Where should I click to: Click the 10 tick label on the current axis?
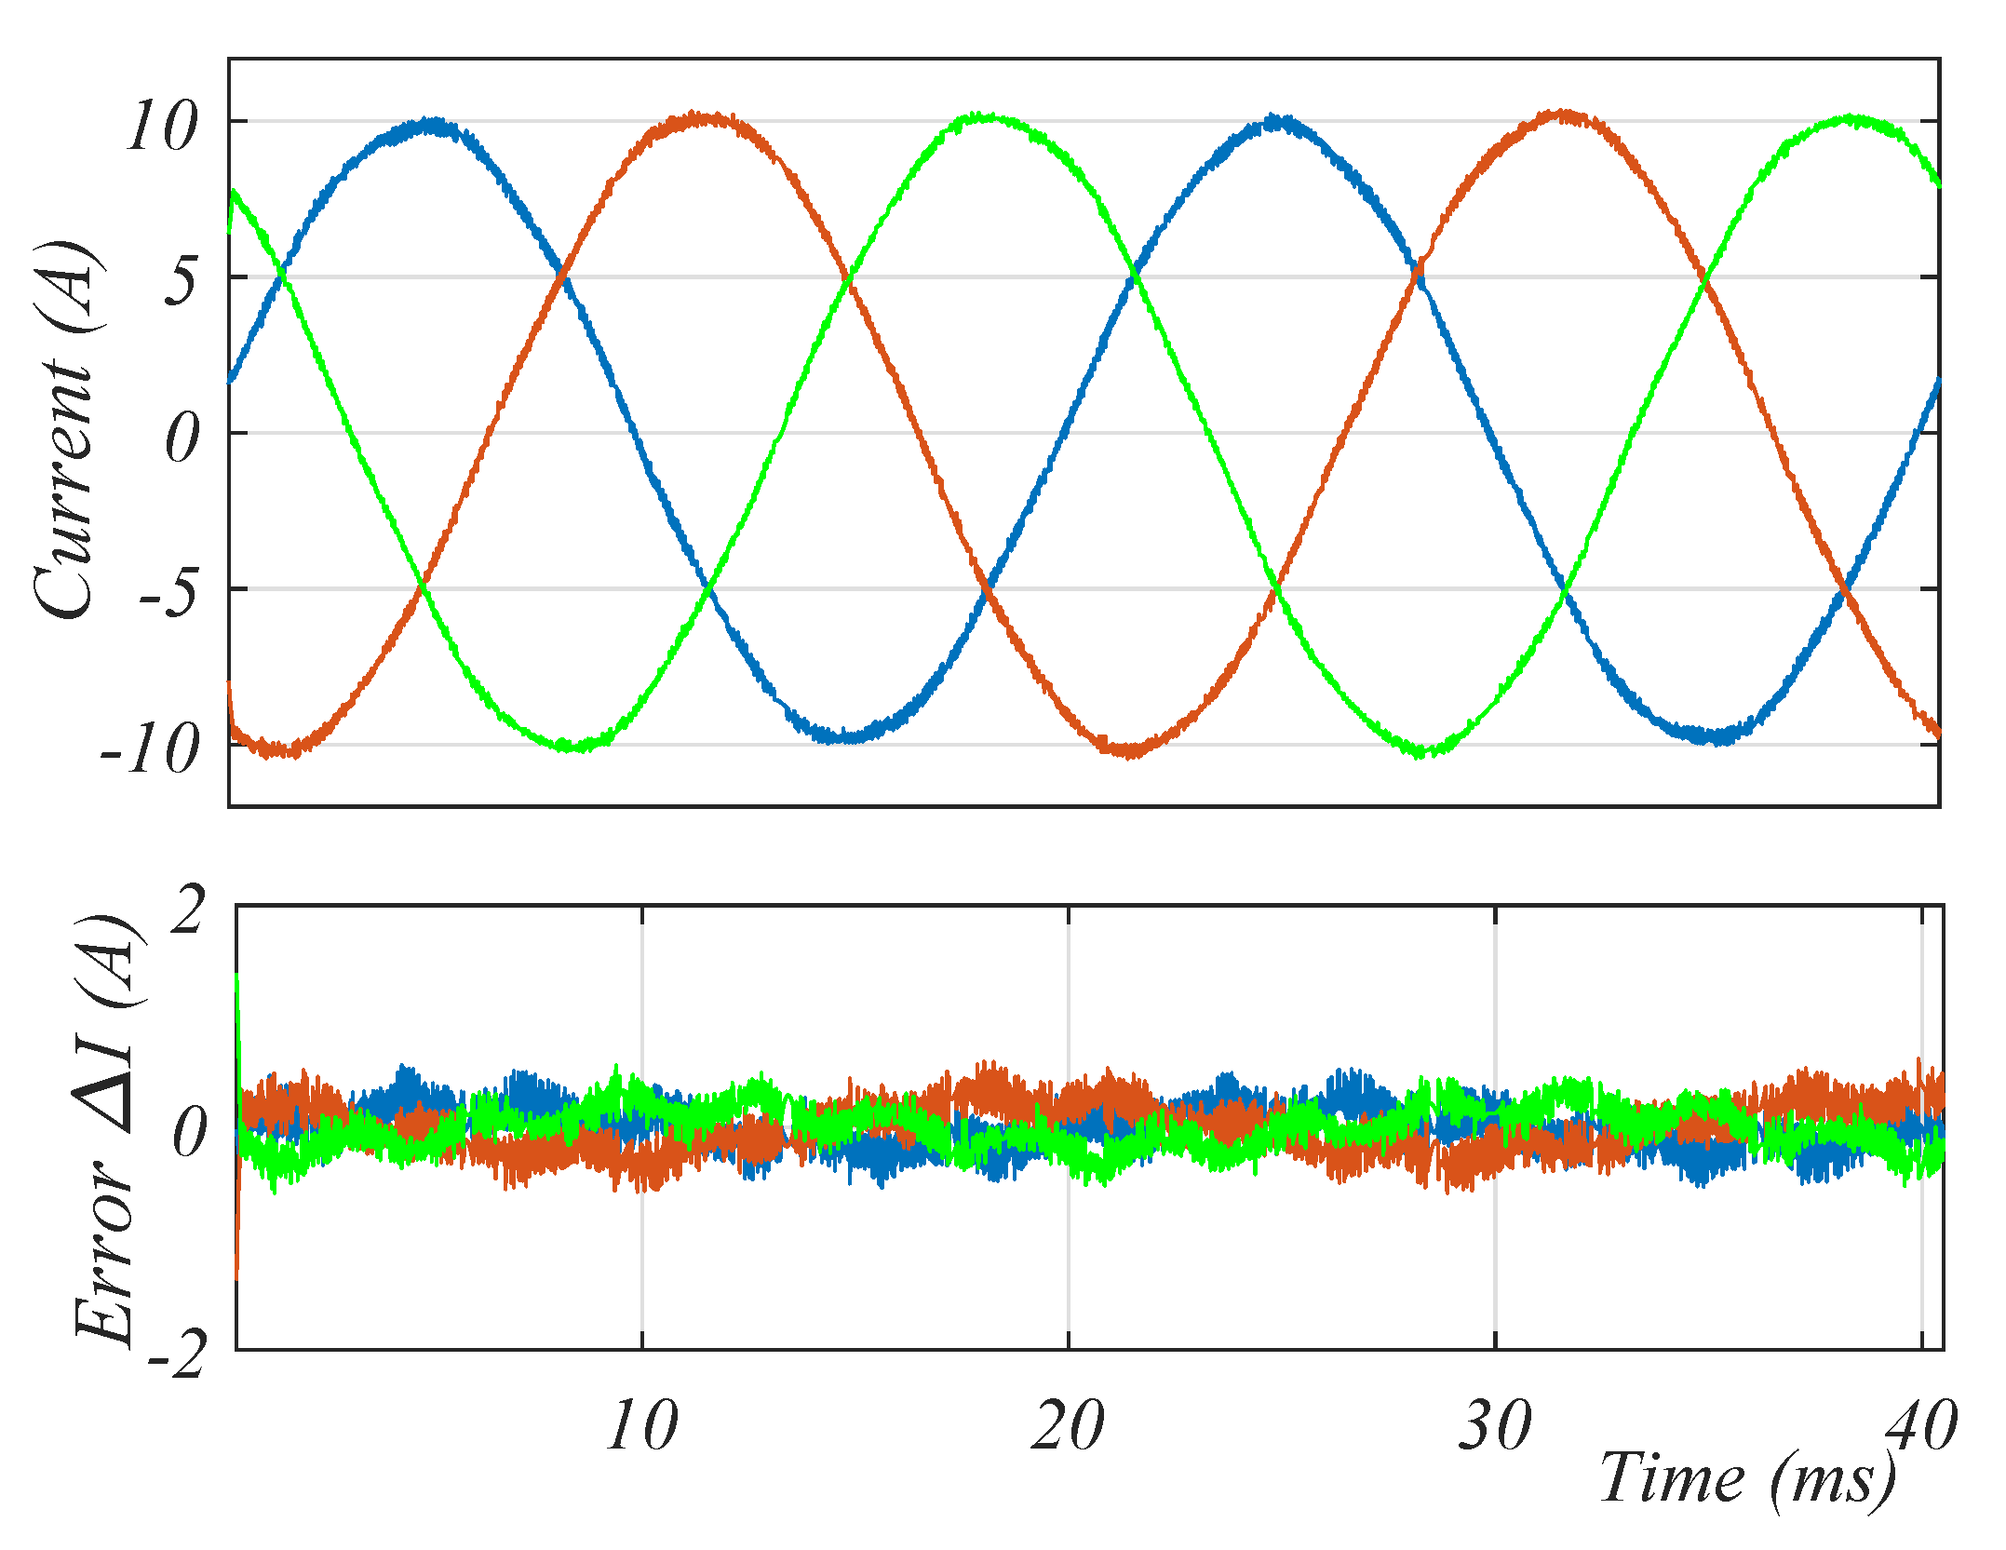(162, 126)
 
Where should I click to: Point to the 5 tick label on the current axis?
(181, 279)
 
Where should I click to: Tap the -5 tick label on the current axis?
(168, 593)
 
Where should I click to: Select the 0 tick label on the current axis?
(182, 438)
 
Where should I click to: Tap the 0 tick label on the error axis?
(189, 1132)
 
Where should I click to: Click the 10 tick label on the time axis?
(641, 1425)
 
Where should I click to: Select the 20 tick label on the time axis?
(1068, 1425)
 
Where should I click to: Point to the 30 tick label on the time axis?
(1494, 1425)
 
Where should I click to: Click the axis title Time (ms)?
(1746, 1478)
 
